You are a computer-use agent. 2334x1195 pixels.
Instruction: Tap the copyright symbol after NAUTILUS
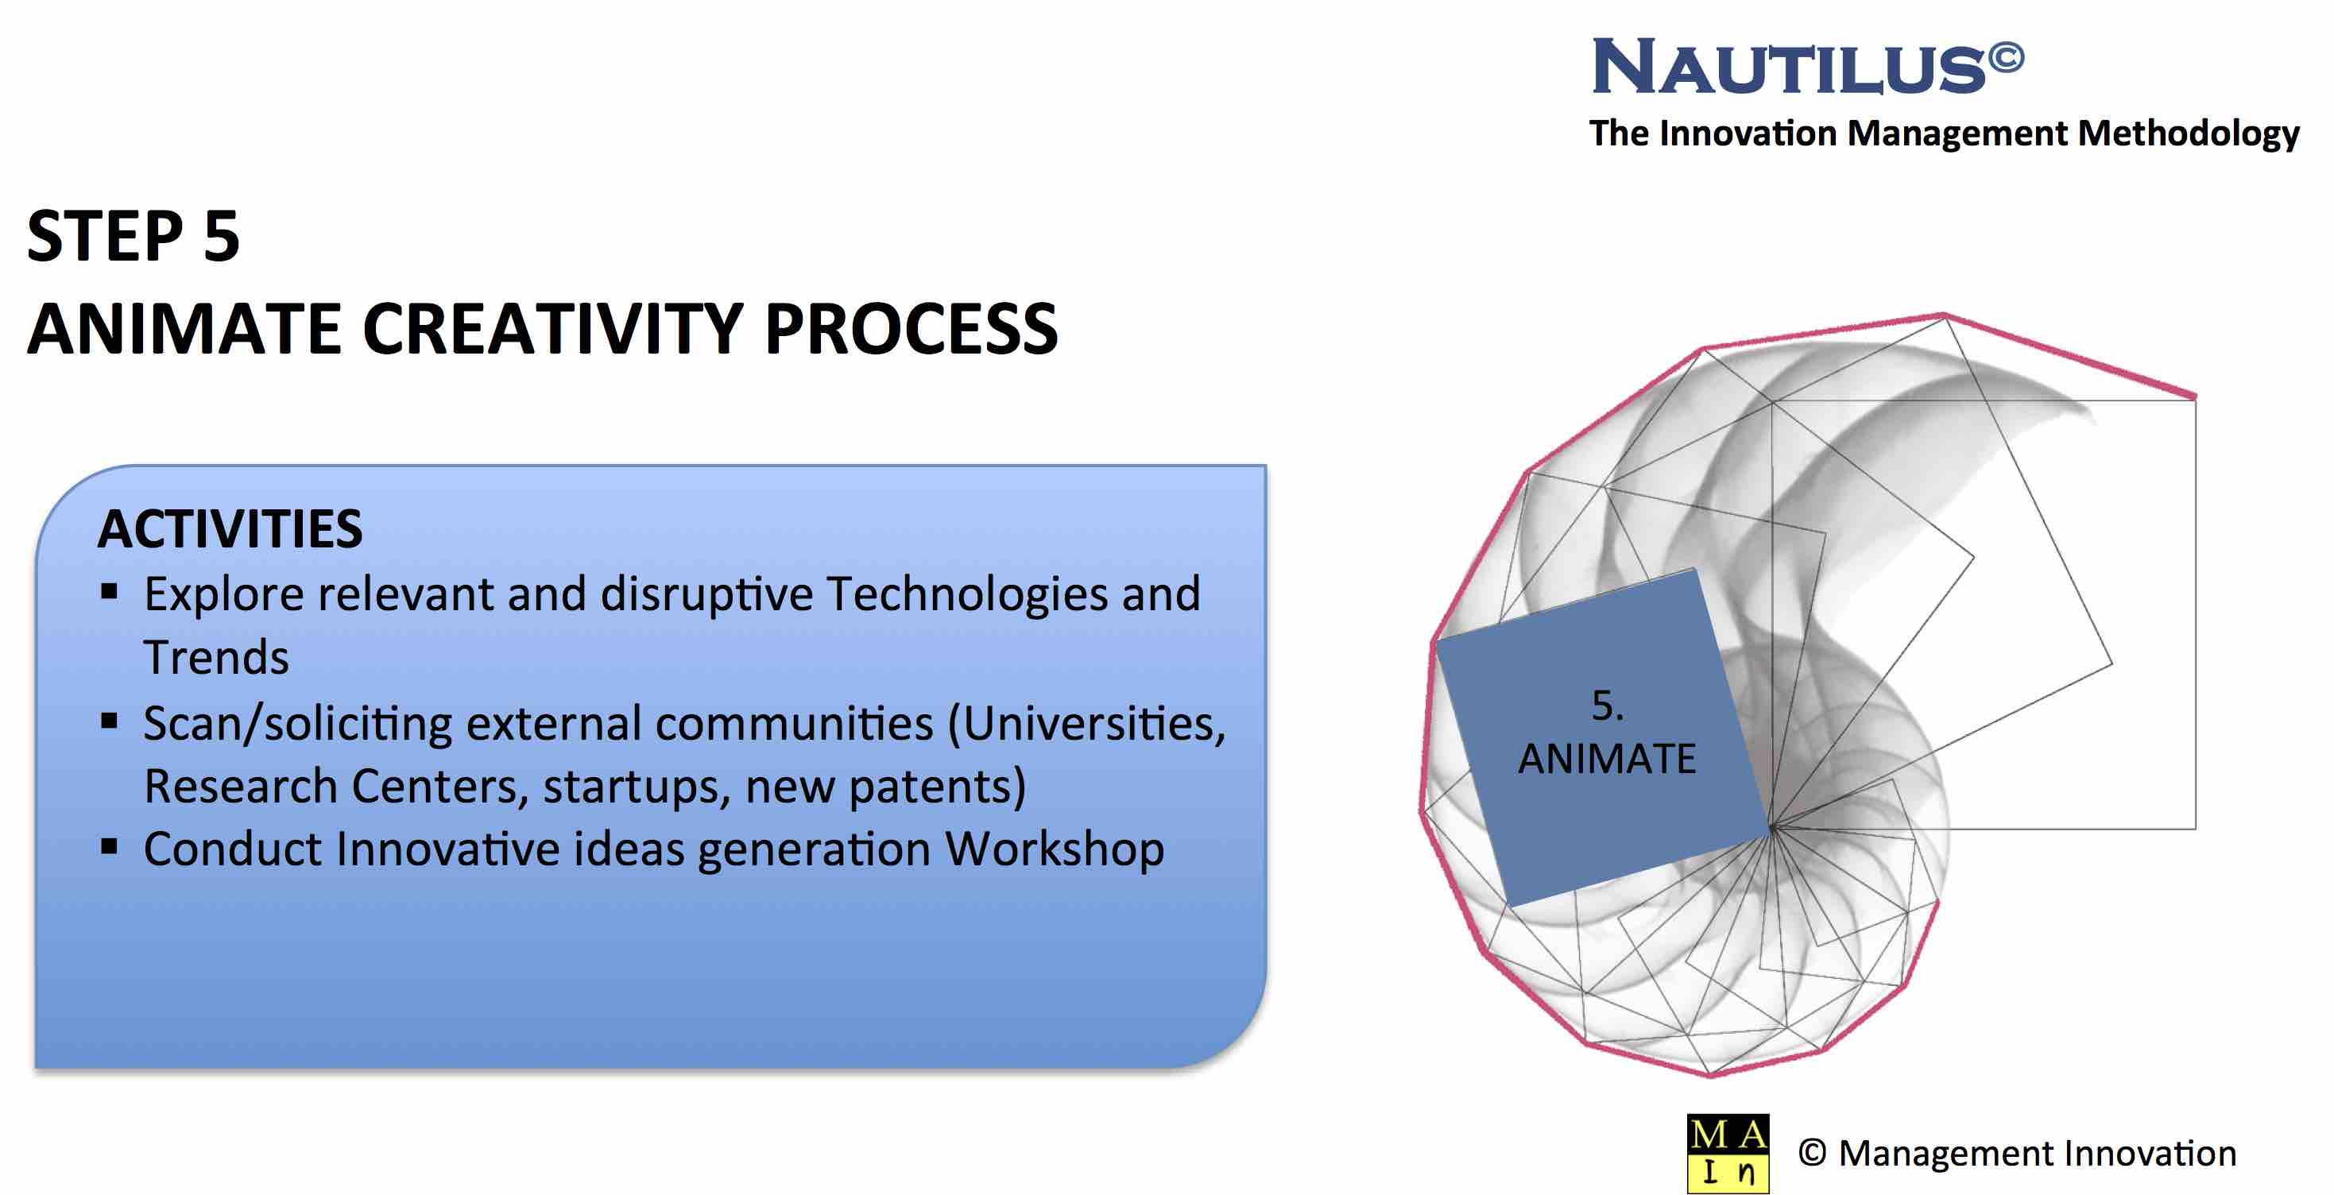tap(2006, 56)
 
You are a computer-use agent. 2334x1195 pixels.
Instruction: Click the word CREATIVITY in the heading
tap(552, 329)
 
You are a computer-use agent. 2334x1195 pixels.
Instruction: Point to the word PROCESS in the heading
tap(911, 329)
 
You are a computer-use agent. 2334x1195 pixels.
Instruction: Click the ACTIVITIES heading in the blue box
tap(230, 529)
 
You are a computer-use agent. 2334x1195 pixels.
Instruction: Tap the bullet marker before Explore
tap(110, 593)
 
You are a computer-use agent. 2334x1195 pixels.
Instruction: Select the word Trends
tap(216, 658)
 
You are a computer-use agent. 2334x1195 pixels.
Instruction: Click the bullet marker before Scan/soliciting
tap(110, 721)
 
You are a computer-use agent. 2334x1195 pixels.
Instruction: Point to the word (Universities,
tap(1086, 724)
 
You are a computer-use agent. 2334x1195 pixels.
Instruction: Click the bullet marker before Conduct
tap(110, 848)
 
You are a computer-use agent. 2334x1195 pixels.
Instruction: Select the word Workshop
tap(1055, 850)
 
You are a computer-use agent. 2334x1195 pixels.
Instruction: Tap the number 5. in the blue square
tap(1608, 706)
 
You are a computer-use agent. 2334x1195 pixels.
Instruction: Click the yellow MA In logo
tap(1728, 1154)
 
